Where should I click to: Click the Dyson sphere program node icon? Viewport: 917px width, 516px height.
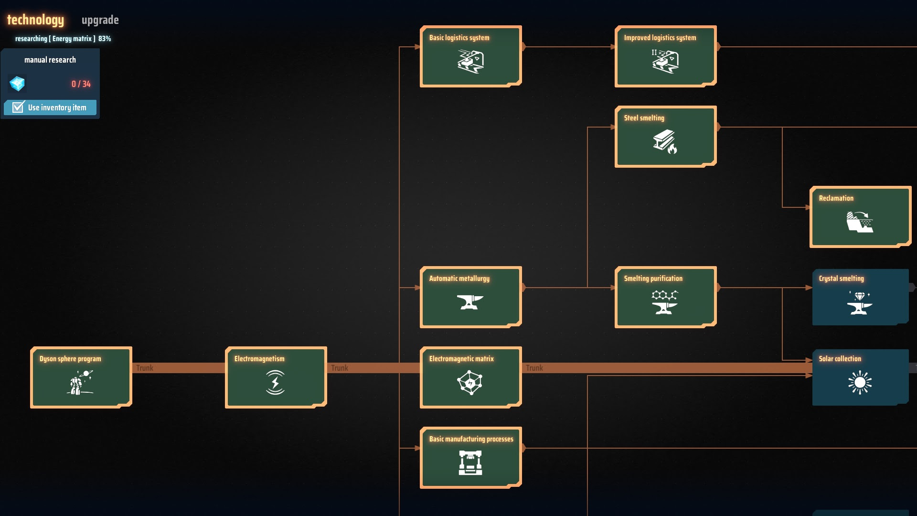tap(80, 383)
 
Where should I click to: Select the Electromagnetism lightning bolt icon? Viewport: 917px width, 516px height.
tap(275, 383)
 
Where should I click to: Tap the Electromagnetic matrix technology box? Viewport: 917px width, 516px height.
tap(470, 377)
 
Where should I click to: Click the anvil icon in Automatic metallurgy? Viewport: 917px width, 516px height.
tap(470, 302)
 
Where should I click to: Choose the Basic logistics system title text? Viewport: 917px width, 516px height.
tap(459, 38)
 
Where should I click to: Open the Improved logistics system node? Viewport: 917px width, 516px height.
tap(665, 56)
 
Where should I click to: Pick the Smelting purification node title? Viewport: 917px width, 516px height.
tap(653, 279)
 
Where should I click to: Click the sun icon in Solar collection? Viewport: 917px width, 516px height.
tap(860, 383)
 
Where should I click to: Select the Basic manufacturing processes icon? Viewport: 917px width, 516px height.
tap(470, 463)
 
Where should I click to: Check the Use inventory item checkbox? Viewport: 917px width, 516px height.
tap(18, 107)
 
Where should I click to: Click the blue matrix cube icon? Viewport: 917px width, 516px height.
tap(17, 84)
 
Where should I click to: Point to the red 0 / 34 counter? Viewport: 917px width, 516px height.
tap(81, 84)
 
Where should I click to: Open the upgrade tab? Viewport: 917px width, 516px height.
tap(100, 20)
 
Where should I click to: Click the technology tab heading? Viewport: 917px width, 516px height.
tap(35, 20)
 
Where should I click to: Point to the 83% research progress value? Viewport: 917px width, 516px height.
tap(105, 39)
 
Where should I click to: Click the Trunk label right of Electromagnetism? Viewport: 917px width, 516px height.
tap(340, 368)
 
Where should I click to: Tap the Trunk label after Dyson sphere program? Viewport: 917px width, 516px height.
tap(145, 368)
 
